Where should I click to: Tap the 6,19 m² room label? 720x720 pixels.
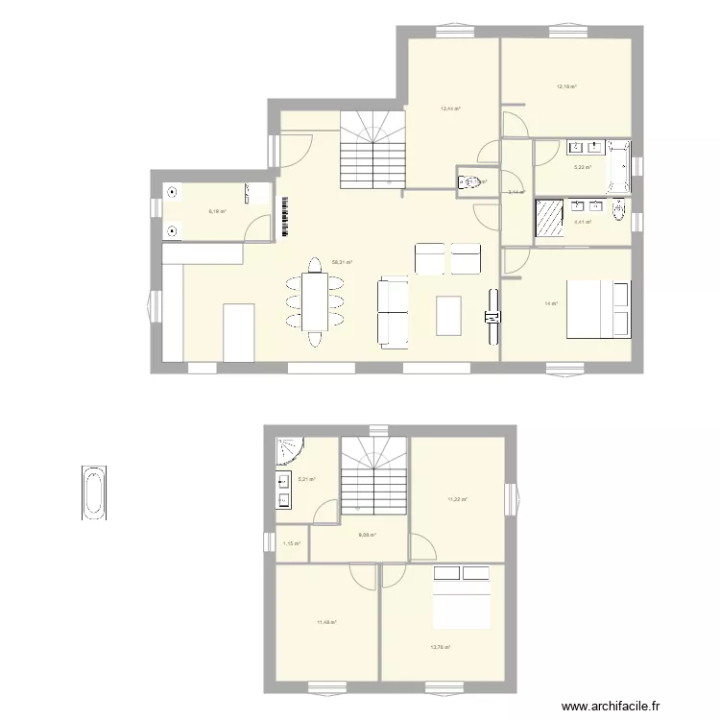click(x=218, y=212)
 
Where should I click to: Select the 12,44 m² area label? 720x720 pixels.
click(x=450, y=108)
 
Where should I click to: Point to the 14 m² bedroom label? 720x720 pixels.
click(x=551, y=304)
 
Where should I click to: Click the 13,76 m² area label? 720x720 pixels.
click(x=441, y=647)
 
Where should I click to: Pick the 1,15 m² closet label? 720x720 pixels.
click(x=292, y=544)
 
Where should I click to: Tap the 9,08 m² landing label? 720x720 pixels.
click(x=367, y=536)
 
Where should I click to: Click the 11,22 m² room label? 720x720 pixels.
click(x=457, y=499)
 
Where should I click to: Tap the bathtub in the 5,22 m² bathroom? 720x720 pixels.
click(x=618, y=166)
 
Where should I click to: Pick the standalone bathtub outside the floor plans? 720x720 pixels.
click(x=92, y=492)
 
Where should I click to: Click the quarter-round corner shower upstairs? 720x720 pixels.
click(x=289, y=452)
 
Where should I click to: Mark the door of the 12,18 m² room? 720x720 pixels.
click(x=514, y=123)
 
